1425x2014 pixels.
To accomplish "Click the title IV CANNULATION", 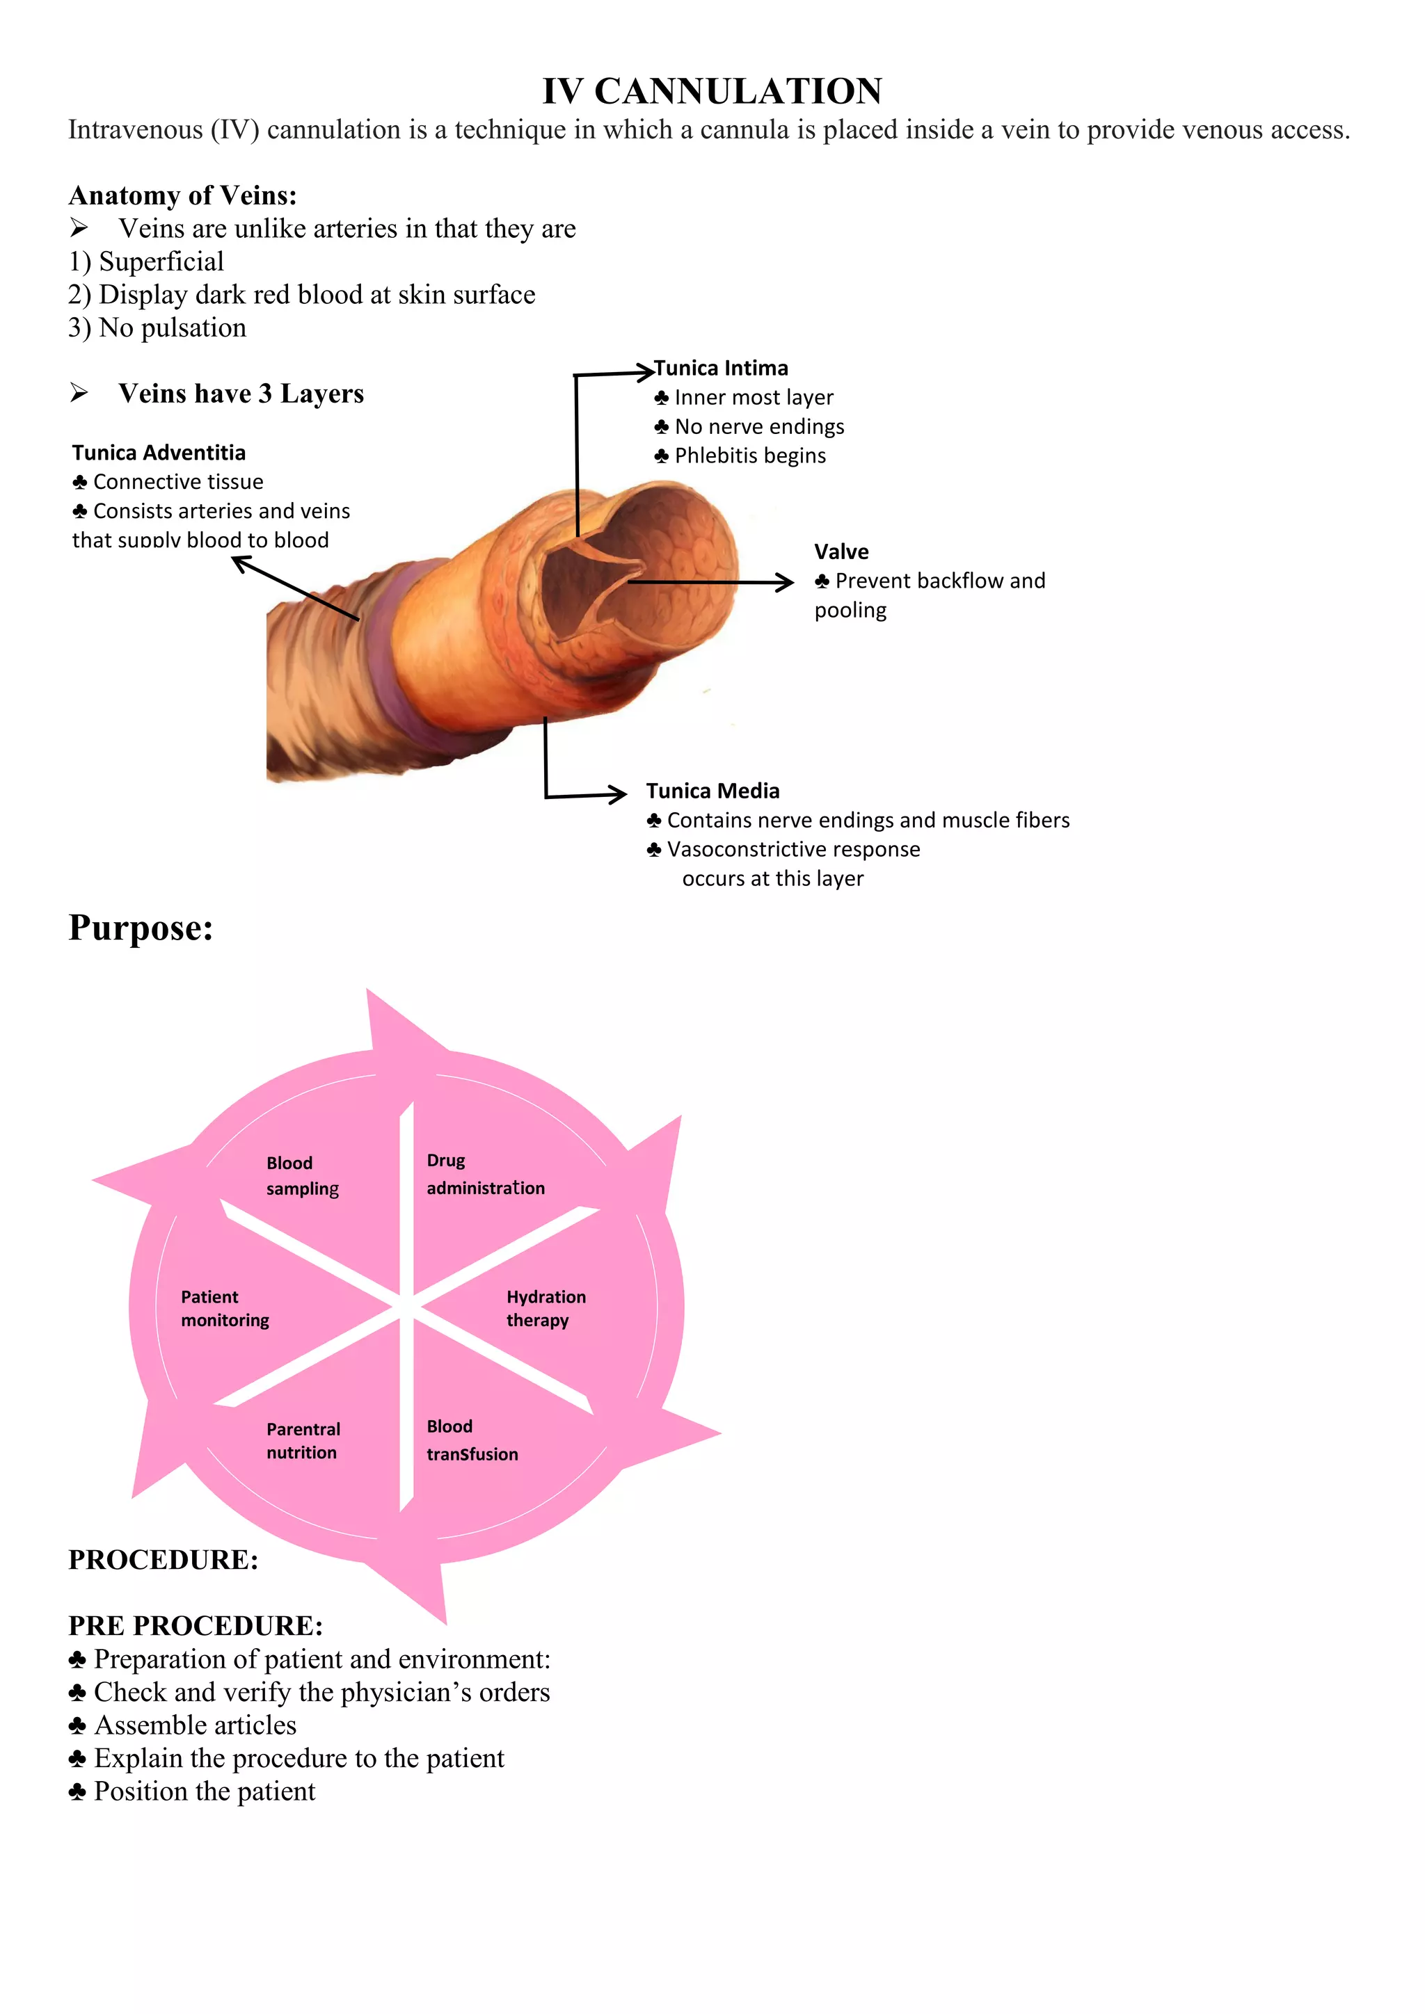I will point(712,91).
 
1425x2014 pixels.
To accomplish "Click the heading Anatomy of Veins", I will point(182,195).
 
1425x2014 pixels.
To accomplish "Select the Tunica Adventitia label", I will point(159,453).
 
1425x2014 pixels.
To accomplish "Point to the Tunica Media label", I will point(712,791).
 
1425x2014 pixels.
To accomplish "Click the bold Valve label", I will point(841,551).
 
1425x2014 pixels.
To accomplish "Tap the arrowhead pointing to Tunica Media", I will point(619,795).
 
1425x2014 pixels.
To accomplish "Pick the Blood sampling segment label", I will point(302,1175).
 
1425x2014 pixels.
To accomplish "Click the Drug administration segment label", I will point(485,1174).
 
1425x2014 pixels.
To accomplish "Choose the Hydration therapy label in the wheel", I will point(546,1308).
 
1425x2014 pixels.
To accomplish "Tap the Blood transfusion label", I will point(472,1440).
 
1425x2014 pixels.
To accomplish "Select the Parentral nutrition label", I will point(303,1440).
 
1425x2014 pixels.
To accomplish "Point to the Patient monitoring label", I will point(225,1308).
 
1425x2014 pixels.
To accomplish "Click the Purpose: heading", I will point(141,928).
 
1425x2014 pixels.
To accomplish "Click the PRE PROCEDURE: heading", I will point(195,1625).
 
